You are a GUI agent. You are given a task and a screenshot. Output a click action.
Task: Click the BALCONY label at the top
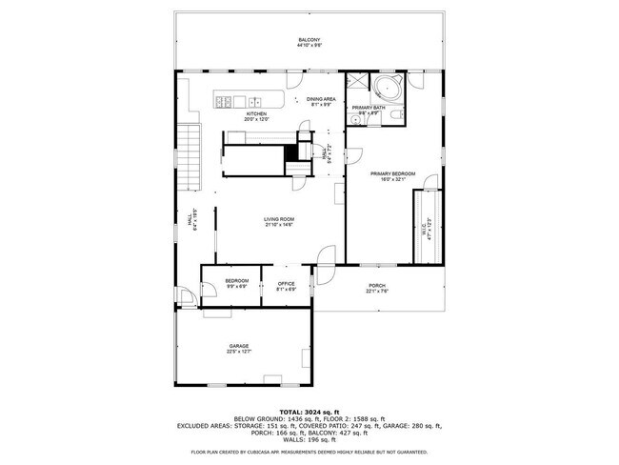(x=309, y=39)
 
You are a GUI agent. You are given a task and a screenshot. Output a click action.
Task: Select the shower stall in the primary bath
(x=358, y=84)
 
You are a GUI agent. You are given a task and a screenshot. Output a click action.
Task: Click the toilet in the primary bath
(x=397, y=116)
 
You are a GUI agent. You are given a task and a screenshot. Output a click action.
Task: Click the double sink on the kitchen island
(x=255, y=100)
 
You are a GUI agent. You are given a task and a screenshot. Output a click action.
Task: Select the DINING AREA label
(x=320, y=99)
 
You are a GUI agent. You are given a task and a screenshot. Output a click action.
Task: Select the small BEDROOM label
(x=236, y=280)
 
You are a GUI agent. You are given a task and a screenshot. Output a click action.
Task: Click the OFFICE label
(x=286, y=283)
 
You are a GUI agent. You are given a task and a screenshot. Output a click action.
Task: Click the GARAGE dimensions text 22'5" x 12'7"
(x=238, y=352)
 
